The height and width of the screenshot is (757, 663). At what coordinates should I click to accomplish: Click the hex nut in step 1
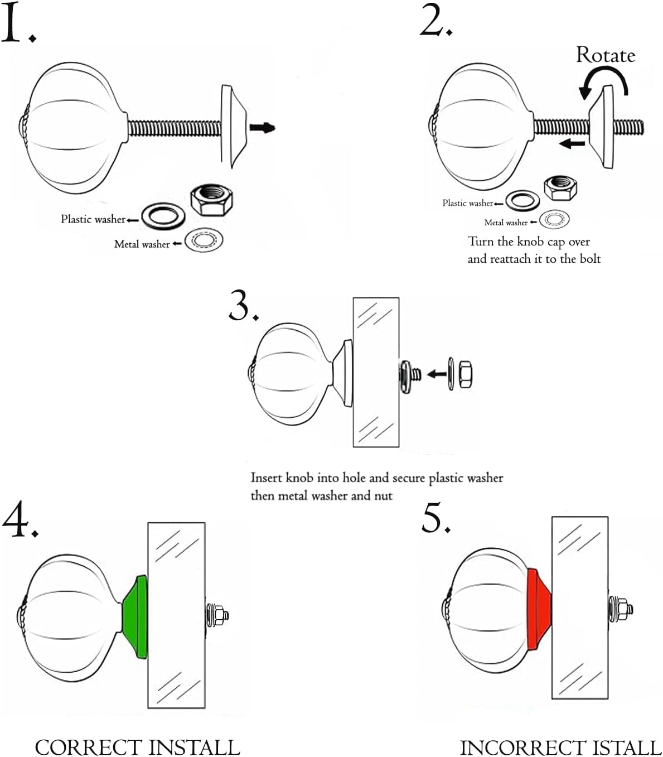211,200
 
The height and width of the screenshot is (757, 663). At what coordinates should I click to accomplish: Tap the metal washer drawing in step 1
204,239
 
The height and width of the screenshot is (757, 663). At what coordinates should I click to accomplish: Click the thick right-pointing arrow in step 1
262,128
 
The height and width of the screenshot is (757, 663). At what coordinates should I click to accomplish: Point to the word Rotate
606,56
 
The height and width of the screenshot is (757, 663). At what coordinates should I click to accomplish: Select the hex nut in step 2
560,189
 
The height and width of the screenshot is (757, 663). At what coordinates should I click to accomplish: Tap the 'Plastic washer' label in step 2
467,203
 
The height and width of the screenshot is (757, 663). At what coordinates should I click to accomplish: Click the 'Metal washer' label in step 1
142,244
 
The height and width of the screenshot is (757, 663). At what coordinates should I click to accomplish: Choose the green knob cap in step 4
135,616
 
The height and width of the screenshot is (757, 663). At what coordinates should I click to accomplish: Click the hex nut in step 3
465,374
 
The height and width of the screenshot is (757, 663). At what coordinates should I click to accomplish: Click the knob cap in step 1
234,126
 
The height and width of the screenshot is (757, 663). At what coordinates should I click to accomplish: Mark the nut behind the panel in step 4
219,615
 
